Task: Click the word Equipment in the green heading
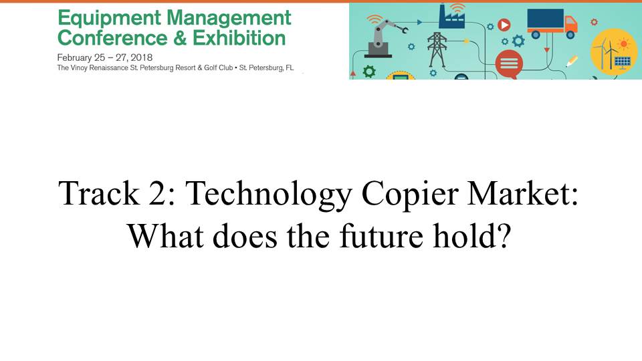[109, 19]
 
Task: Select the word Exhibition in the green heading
[239, 38]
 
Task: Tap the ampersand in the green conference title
[180, 38]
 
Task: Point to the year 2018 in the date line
[142, 57]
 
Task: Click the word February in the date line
[74, 57]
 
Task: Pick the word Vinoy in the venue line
[79, 68]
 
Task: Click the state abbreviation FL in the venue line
[290, 68]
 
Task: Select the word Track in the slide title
[99, 193]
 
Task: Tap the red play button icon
[504, 25]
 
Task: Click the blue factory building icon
[451, 16]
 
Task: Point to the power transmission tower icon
[437, 49]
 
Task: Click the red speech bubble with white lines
[509, 65]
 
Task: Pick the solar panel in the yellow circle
[623, 62]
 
